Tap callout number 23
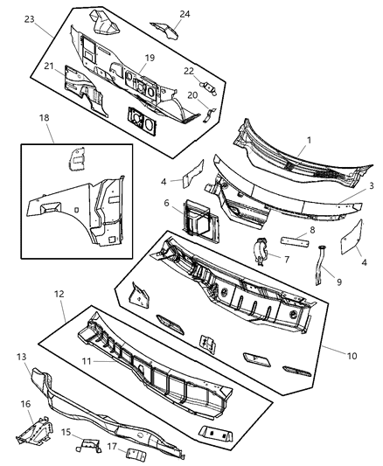pyautogui.click(x=30, y=18)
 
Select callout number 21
pyautogui.click(x=49, y=67)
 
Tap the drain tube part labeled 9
pyautogui.click(x=323, y=268)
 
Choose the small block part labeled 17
pyautogui.click(x=135, y=430)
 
